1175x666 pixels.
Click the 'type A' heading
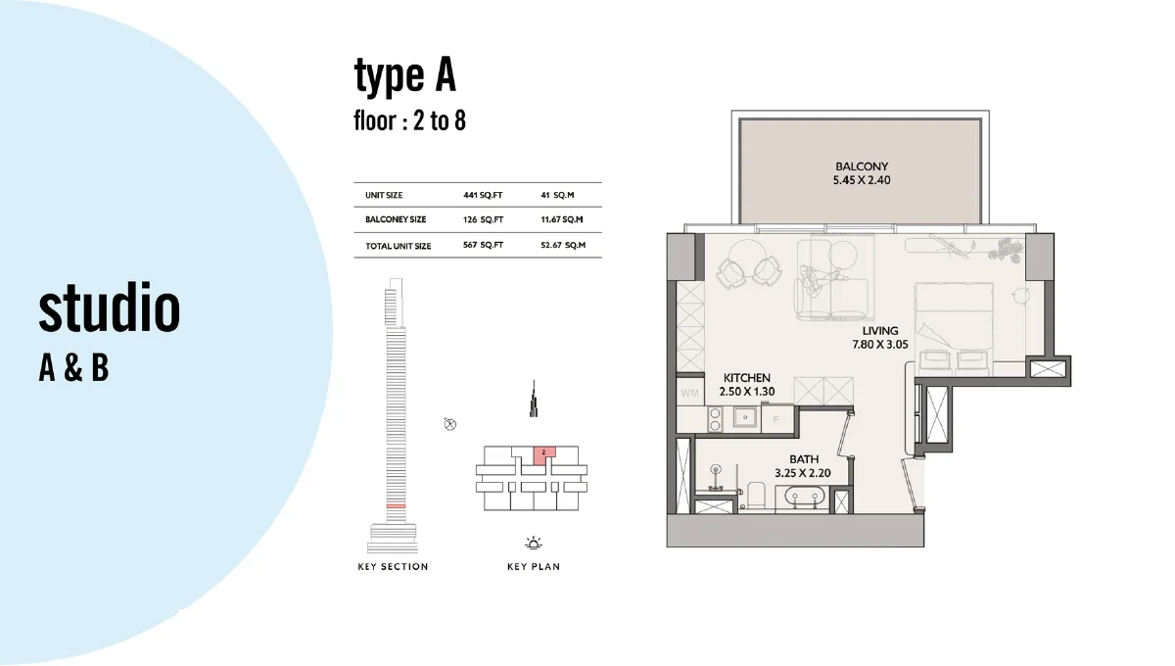click(405, 76)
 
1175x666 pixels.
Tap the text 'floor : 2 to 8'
click(408, 122)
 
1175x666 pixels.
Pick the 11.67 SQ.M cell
click(562, 220)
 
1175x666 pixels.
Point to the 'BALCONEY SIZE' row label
click(396, 220)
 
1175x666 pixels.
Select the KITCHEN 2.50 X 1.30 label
click(746, 385)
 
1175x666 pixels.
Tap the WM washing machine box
click(688, 393)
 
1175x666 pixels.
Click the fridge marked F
click(776, 420)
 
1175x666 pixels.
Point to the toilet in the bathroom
click(753, 494)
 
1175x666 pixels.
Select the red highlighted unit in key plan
click(544, 453)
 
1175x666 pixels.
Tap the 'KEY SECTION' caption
click(393, 567)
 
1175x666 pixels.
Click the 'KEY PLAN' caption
click(534, 567)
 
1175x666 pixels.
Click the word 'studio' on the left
click(110, 309)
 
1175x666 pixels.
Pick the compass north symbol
click(449, 424)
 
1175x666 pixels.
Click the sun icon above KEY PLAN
click(534, 543)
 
